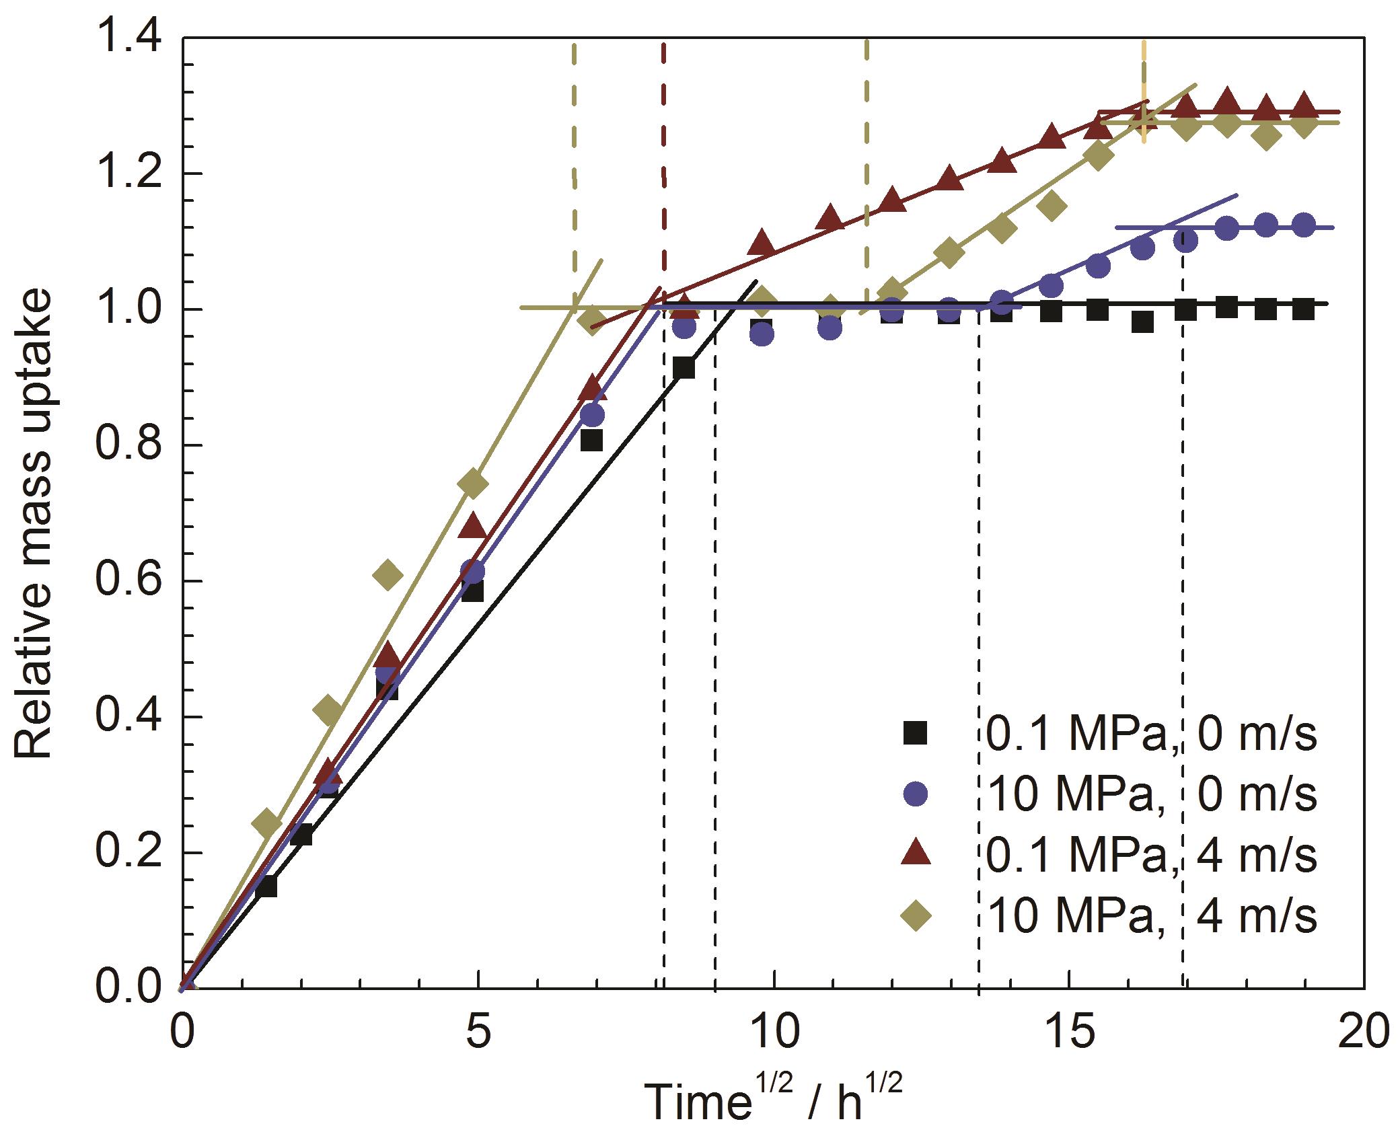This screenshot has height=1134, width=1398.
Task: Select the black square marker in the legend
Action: [916, 732]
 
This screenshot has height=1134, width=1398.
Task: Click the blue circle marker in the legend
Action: [916, 794]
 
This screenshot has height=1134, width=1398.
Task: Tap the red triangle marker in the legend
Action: [916, 854]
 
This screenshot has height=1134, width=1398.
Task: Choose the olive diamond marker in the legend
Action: [916, 916]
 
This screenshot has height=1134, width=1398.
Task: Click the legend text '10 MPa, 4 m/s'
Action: [1154, 916]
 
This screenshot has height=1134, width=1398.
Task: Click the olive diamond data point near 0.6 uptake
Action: [388, 574]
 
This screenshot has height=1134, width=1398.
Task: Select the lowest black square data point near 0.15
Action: [267, 886]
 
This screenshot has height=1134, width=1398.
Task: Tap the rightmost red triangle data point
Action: [1304, 105]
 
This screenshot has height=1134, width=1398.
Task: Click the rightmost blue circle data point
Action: [1304, 225]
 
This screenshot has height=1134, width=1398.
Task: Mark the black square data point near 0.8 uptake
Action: [591, 441]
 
